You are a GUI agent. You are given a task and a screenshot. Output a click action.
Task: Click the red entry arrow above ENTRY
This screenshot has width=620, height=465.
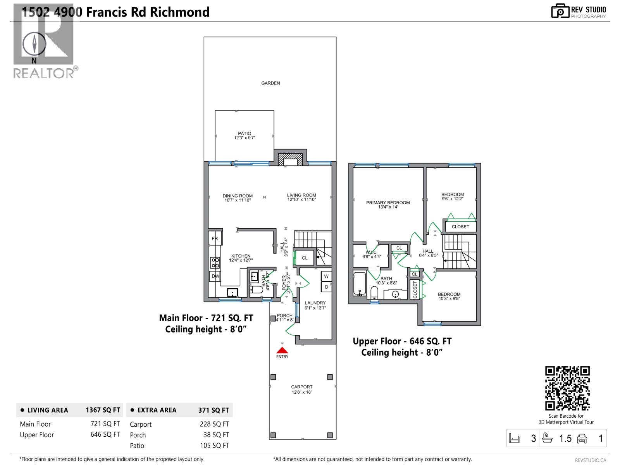[x=282, y=350]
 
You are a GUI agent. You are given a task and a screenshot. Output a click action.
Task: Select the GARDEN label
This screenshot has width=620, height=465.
[x=270, y=83]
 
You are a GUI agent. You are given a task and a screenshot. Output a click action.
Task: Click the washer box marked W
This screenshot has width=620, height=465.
[x=326, y=276]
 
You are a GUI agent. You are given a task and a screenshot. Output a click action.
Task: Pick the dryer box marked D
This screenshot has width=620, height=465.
[x=326, y=287]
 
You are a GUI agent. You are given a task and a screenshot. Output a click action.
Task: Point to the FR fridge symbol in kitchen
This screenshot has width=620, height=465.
[x=215, y=238]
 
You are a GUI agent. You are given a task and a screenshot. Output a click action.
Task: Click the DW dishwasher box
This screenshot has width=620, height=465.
[x=215, y=276]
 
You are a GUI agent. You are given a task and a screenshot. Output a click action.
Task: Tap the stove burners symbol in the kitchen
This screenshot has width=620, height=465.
[x=215, y=263]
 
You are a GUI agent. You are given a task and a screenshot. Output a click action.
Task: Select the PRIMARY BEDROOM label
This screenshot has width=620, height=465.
[x=388, y=203]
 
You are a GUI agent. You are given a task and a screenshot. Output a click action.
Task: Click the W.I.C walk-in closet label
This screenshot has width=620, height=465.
[x=371, y=252]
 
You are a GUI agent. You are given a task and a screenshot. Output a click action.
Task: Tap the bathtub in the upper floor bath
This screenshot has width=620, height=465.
[x=359, y=284]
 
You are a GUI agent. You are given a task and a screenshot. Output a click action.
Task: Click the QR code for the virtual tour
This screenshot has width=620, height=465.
[x=567, y=388]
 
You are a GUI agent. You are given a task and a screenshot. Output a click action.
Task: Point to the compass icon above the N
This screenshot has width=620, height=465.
[x=34, y=43]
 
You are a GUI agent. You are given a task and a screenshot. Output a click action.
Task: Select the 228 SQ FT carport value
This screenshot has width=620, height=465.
[x=214, y=424]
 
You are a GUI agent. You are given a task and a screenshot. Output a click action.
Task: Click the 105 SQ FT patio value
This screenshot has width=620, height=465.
[x=214, y=446]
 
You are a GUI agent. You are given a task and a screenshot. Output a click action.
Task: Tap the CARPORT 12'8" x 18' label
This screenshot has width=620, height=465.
[x=302, y=389]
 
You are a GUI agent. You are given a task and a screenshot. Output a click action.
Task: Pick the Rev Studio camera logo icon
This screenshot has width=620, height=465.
[x=560, y=11]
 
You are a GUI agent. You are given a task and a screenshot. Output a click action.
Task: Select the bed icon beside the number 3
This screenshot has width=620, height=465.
[x=514, y=439]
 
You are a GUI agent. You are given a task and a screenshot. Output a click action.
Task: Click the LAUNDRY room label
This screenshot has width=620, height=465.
[x=315, y=303]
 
